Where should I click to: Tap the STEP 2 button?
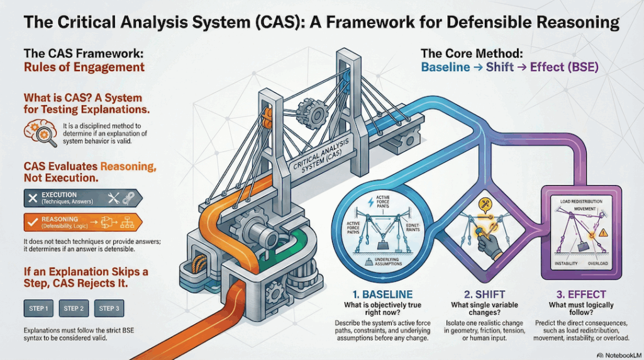74,308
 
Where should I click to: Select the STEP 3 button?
109,308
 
